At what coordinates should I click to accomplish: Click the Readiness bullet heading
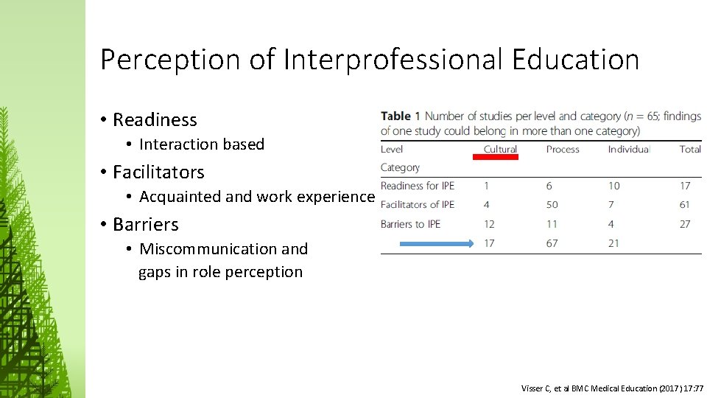155,119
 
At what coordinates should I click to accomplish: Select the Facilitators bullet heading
158,172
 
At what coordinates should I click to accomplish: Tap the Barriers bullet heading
145,224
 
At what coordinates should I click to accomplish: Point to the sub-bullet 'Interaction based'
201,144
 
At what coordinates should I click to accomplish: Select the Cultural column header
500,149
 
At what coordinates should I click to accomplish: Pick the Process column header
563,149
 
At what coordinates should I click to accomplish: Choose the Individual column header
628,149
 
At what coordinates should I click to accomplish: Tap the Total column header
690,149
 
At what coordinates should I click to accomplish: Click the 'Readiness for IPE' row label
418,186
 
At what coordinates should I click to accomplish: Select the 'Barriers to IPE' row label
410,223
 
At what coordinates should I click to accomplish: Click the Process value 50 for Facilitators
552,205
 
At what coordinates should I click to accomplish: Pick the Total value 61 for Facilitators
685,205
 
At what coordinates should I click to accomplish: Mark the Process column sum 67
552,242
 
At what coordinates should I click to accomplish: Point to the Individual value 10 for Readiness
614,186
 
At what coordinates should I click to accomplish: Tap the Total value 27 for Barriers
685,223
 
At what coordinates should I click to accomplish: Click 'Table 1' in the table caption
401,116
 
